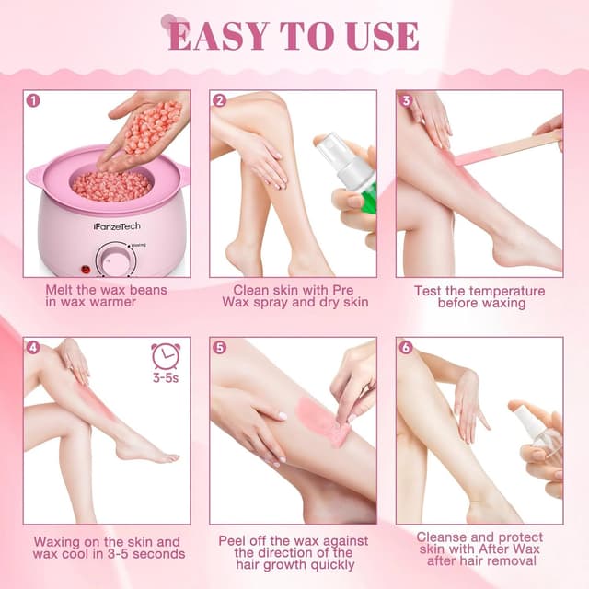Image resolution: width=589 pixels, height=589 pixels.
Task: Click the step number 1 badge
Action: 33,99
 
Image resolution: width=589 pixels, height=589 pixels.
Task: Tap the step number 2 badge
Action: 219,99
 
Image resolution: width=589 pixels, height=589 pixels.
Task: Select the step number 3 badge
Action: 405,99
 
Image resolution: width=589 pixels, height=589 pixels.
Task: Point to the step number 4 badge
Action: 33,347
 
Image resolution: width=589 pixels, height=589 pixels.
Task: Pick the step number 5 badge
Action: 219,347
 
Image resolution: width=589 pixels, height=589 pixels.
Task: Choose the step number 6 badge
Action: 405,347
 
